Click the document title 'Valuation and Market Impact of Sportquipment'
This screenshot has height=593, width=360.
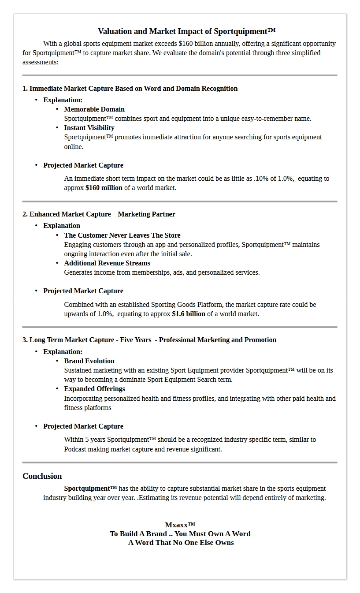click(x=186, y=31)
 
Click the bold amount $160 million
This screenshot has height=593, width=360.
click(x=104, y=188)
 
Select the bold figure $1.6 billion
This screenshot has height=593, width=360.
click(x=189, y=314)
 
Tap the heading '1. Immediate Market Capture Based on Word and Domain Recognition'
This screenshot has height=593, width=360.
click(x=130, y=89)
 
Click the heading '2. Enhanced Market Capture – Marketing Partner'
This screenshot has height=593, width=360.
click(x=99, y=214)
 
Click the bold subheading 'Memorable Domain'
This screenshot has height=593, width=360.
click(x=94, y=109)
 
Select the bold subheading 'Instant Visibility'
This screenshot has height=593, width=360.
click(x=89, y=128)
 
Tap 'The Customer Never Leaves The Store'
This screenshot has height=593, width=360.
click(x=122, y=235)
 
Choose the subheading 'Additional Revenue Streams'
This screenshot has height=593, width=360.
click(x=107, y=263)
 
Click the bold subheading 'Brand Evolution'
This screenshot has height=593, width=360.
click(x=89, y=361)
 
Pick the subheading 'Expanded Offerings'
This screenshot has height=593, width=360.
click(x=94, y=389)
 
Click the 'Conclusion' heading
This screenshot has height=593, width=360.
click(x=42, y=476)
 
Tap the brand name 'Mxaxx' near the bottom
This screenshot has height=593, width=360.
click(x=180, y=525)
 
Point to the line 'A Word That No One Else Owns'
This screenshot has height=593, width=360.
click(x=181, y=543)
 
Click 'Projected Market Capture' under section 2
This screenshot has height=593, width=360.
click(x=83, y=291)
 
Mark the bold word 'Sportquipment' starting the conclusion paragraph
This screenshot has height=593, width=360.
click(x=90, y=489)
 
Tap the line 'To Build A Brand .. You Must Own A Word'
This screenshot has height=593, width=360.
click(x=180, y=534)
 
